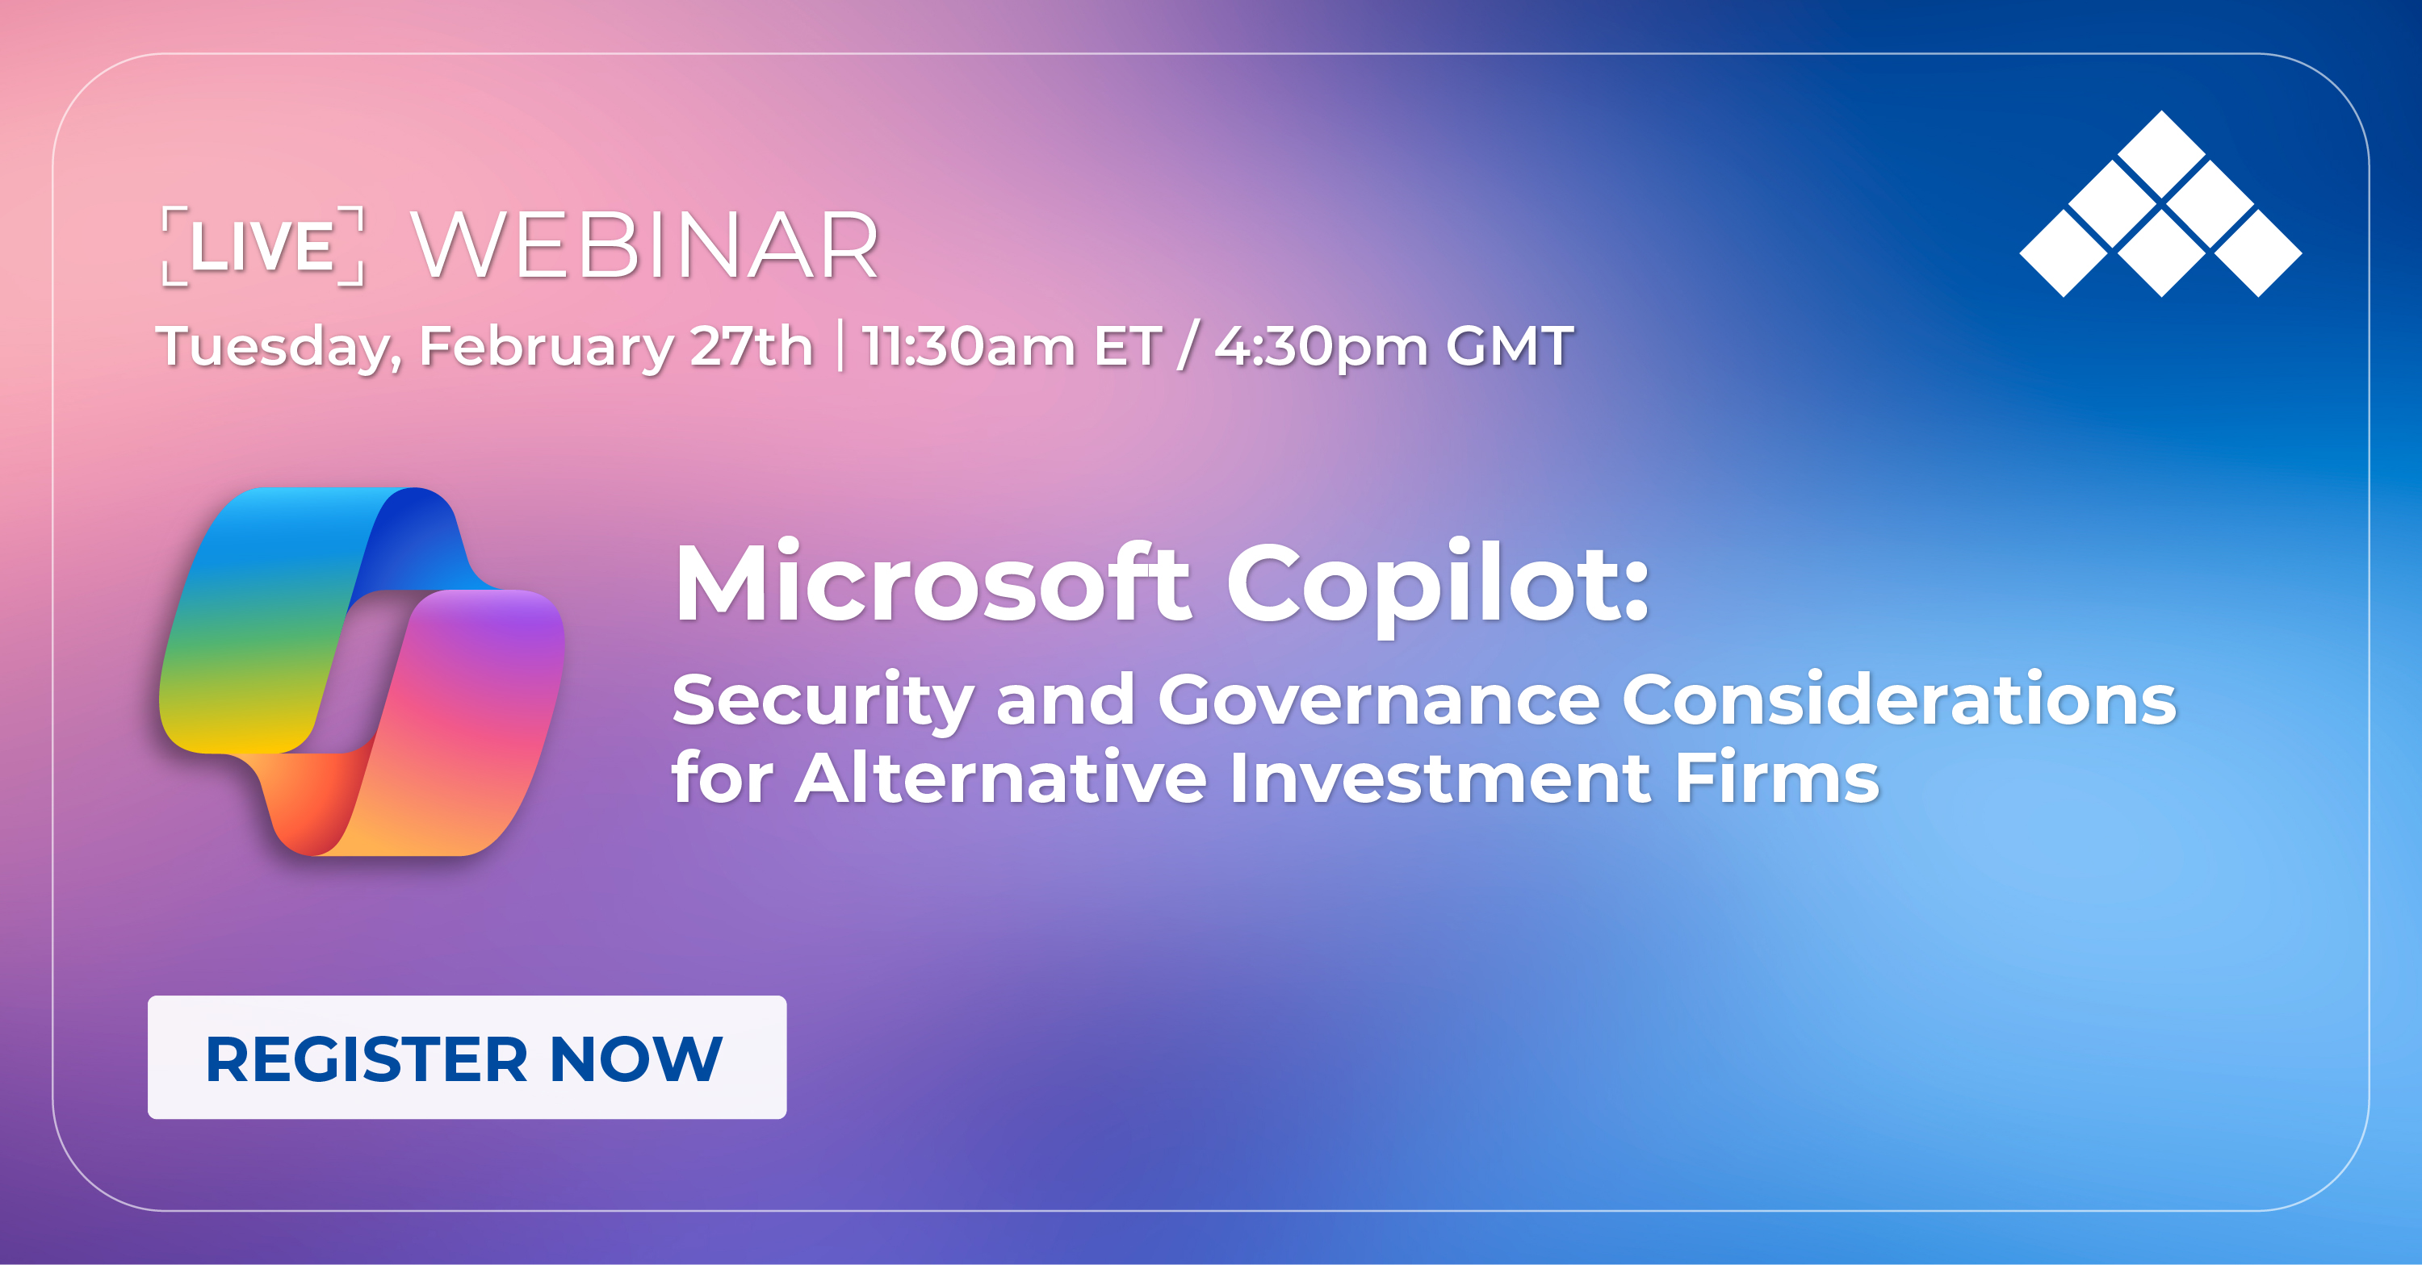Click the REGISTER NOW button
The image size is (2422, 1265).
pos(467,1058)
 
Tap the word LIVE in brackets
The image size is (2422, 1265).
pos(262,246)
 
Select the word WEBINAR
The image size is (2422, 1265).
pos(645,246)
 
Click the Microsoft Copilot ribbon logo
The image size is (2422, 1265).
pos(362,671)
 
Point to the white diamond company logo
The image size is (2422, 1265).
pos(2160,204)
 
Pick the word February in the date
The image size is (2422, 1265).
pos(545,347)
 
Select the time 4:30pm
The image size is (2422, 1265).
pos(1320,347)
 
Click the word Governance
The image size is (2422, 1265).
pos(1378,700)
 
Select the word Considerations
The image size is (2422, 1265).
pos(1899,700)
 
